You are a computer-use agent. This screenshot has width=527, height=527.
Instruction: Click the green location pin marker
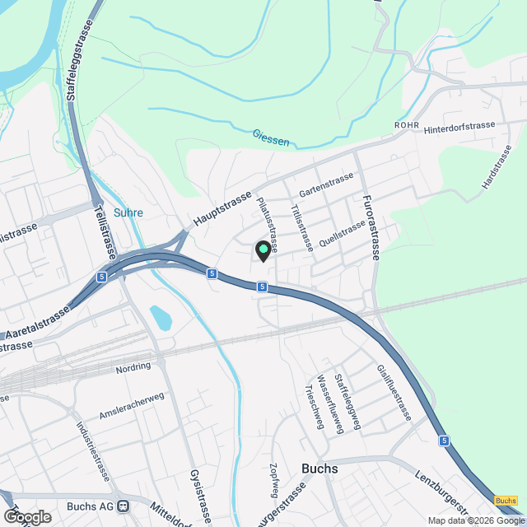[263, 250]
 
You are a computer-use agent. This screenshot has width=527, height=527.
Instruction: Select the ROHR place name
[407, 124]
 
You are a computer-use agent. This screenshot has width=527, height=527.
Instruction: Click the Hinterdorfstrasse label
[459, 128]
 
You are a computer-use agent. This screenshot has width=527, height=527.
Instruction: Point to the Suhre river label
[128, 212]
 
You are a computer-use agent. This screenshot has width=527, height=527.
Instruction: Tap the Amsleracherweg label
[132, 404]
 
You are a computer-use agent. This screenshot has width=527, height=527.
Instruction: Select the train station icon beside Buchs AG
[123, 506]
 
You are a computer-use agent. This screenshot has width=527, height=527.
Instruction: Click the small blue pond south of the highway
[161, 317]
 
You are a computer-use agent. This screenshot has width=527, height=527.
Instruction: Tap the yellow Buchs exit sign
[506, 501]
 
